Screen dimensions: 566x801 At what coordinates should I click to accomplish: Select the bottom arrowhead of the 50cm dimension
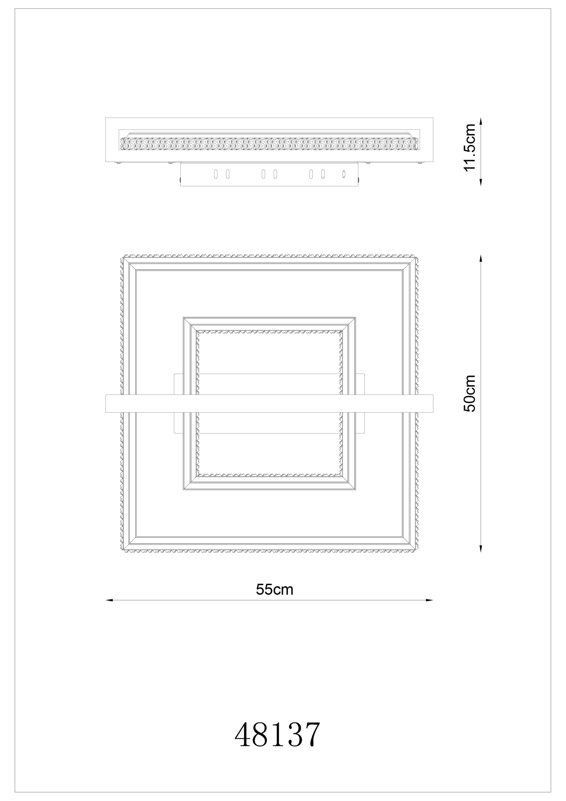[x=481, y=549]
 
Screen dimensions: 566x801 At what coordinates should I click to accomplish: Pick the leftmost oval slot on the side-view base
[x=216, y=174]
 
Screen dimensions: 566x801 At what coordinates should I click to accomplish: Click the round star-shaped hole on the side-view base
[x=344, y=174]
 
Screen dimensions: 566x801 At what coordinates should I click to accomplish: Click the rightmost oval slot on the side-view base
[x=323, y=174]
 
